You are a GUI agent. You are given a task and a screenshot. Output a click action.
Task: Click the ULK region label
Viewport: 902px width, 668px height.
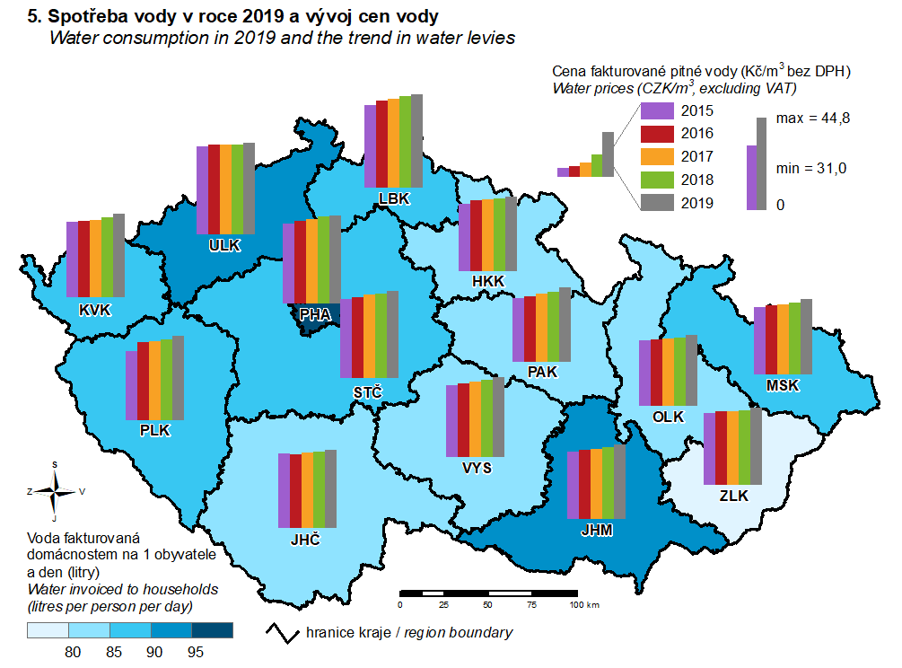225,246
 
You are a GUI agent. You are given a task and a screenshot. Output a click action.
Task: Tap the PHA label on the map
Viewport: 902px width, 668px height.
314,314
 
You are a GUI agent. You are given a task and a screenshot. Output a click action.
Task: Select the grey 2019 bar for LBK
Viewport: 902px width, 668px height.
416,142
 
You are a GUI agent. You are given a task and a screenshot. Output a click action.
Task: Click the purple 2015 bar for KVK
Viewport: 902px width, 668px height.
73,259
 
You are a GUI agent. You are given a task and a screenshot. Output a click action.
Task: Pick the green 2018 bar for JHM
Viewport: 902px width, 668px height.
608,485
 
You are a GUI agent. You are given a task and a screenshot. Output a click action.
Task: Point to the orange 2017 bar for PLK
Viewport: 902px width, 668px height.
154,380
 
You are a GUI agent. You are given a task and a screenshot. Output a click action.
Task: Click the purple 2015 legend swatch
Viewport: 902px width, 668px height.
658,111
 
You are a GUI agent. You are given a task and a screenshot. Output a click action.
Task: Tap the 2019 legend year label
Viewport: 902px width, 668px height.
697,203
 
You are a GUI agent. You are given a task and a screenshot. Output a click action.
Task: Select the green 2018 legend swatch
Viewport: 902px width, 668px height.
658,180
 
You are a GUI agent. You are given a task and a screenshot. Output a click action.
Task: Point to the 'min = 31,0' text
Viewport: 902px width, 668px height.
811,168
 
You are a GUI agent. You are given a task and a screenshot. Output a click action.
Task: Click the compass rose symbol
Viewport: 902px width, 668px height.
56,491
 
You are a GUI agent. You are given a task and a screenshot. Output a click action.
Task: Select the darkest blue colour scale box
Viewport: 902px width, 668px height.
214,631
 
